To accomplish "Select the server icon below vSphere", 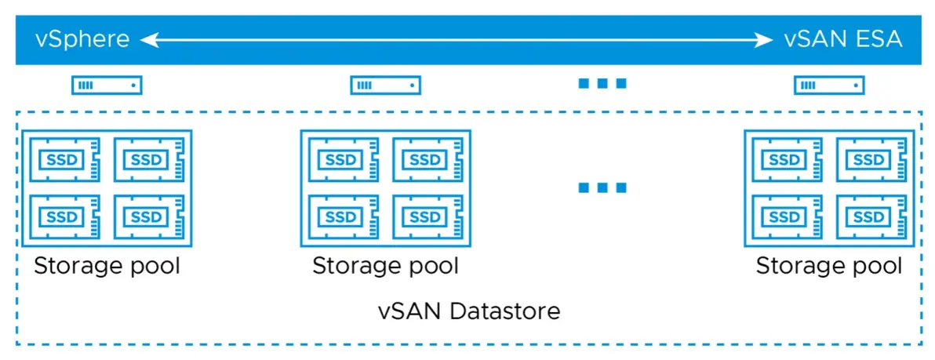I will pyautogui.click(x=107, y=85).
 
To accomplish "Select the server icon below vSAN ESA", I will pyautogui.click(x=829, y=85).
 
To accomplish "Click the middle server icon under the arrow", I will pyautogui.click(x=385, y=85).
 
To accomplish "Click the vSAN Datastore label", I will pyautogui.click(x=468, y=311).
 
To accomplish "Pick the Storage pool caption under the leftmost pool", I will pyautogui.click(x=107, y=266).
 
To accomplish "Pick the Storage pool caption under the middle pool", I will pyautogui.click(x=385, y=266).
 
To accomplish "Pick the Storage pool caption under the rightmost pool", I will pyautogui.click(x=829, y=266).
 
